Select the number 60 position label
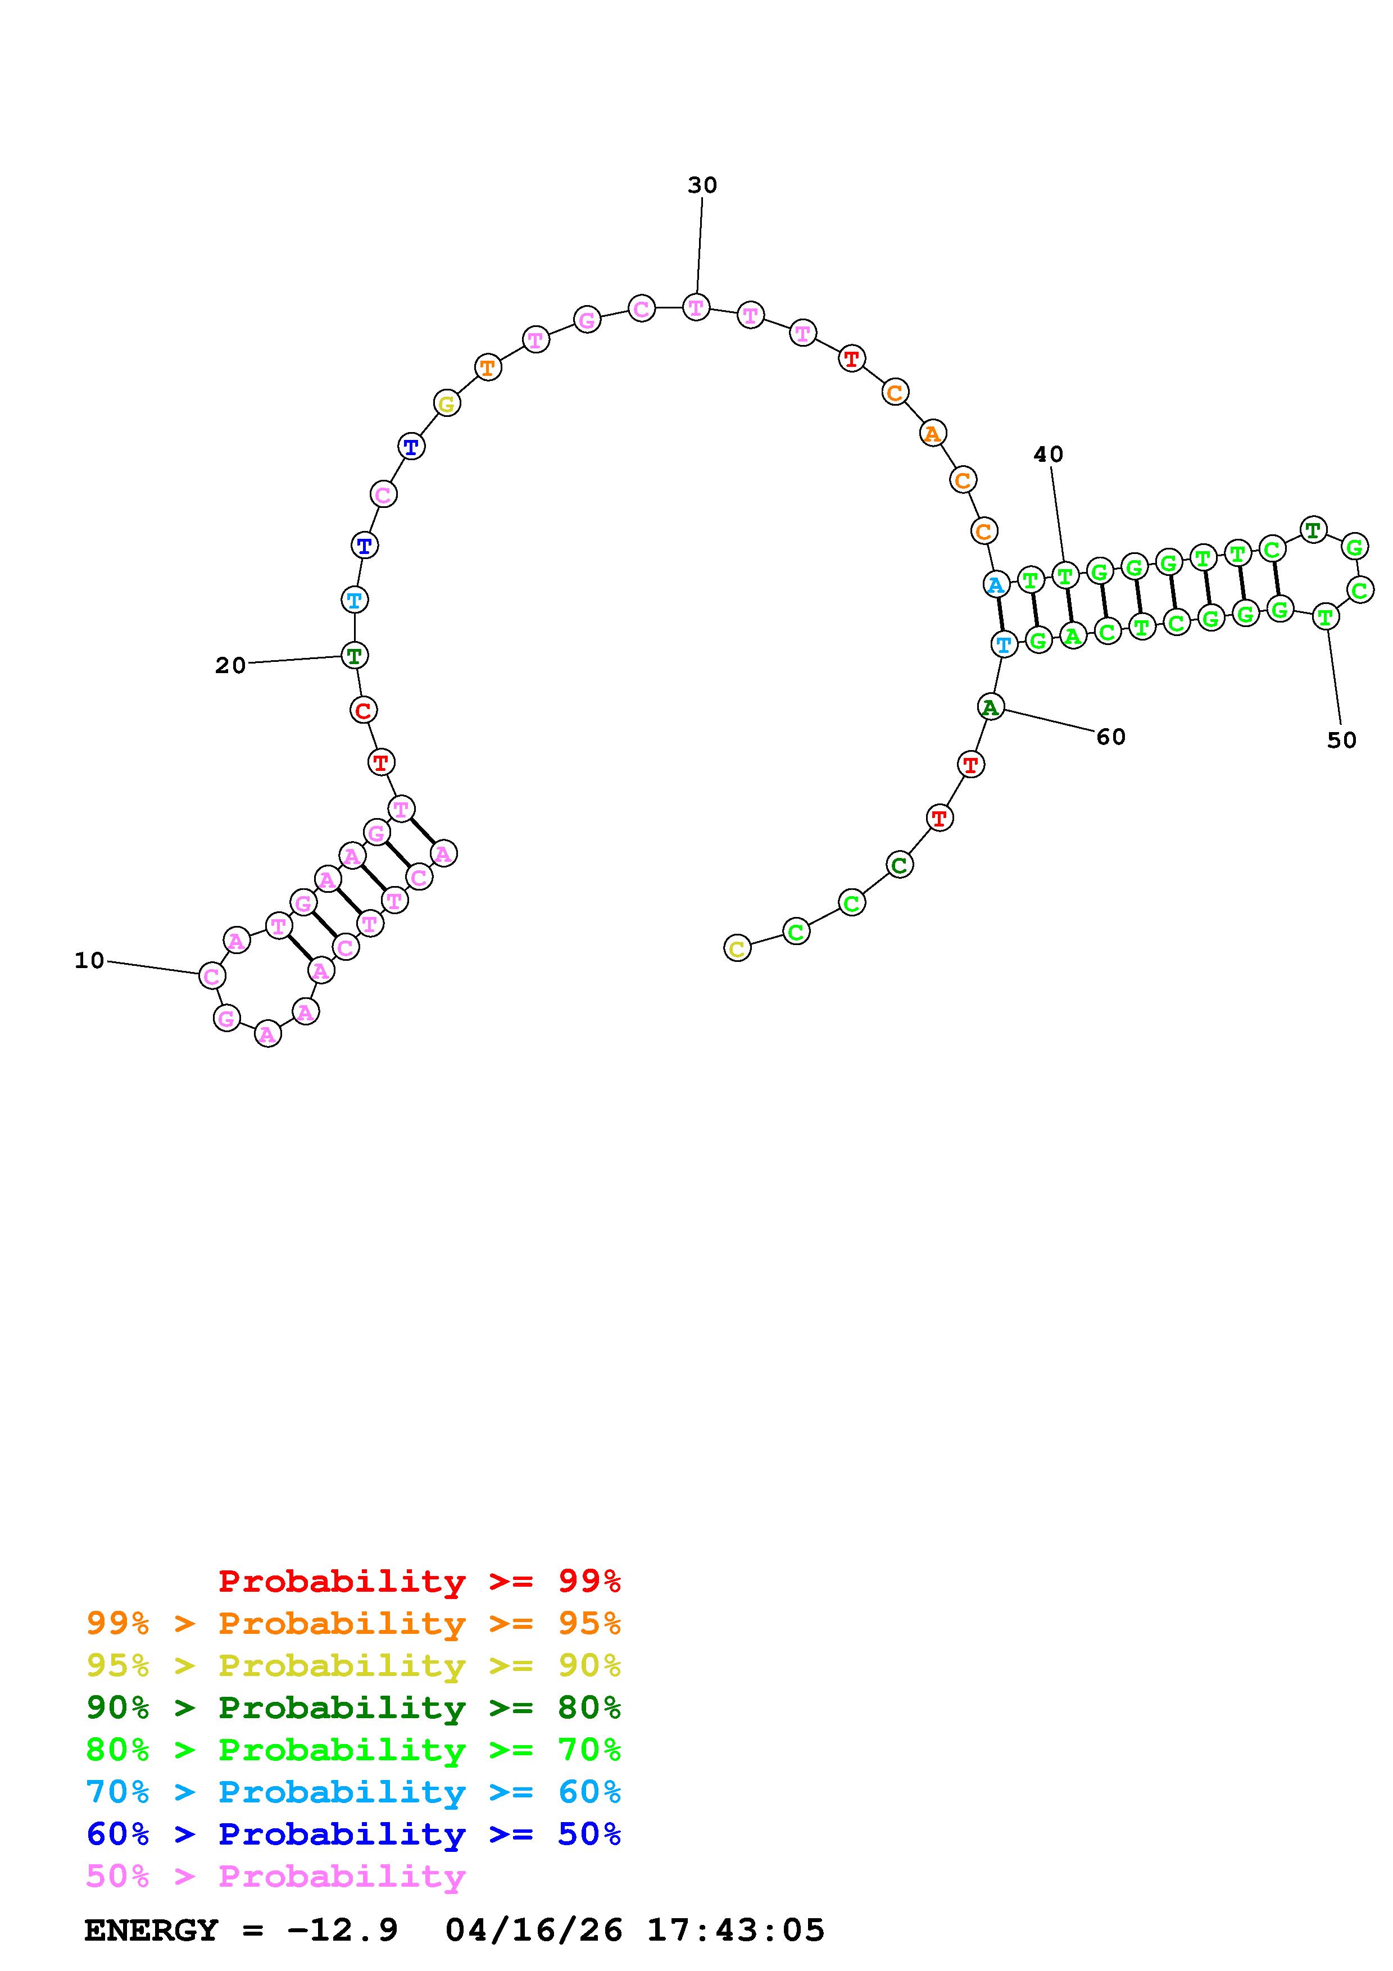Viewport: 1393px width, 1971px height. (x=1110, y=737)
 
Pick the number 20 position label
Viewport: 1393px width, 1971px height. (x=230, y=665)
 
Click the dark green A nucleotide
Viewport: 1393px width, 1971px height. (x=991, y=707)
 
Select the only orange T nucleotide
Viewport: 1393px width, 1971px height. (x=488, y=368)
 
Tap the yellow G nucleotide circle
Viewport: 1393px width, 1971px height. (x=446, y=403)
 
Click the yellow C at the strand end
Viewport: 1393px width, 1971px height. (x=737, y=948)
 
